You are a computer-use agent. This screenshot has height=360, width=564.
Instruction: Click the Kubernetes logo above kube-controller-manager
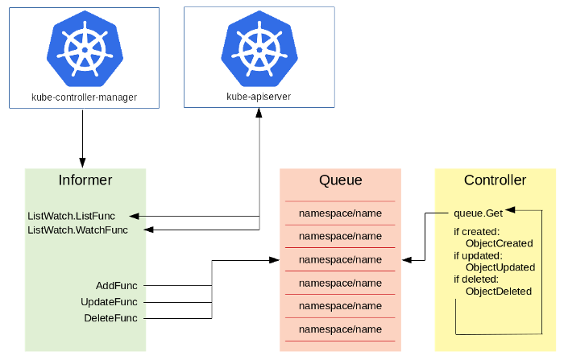[85, 49]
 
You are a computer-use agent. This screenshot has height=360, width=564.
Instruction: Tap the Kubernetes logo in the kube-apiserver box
[259, 49]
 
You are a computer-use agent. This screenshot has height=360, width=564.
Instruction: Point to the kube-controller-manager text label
[85, 97]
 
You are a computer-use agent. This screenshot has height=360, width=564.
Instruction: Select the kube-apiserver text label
[259, 97]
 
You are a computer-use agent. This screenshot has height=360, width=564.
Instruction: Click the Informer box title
[85, 180]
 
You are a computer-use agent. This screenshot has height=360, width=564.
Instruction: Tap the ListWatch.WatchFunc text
[78, 230]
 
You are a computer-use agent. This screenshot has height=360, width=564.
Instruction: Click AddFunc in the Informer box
[116, 286]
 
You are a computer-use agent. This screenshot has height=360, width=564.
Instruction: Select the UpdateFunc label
[109, 302]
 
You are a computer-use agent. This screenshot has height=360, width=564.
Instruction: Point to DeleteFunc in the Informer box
[110, 318]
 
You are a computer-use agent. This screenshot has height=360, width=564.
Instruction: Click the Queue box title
[340, 180]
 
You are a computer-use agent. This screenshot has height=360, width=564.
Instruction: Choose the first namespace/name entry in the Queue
[340, 213]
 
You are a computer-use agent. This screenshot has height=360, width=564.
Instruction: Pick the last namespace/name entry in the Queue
[340, 329]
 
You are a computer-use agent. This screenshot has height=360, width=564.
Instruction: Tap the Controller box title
[495, 180]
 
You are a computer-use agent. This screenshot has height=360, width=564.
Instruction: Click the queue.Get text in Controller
[478, 213]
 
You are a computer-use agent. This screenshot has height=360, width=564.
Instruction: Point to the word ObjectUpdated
[500, 267]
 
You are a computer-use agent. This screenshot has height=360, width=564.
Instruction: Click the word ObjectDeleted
[499, 291]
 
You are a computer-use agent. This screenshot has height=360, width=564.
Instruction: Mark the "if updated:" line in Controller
[477, 256]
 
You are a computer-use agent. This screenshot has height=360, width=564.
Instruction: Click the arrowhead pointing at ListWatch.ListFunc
[134, 216]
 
